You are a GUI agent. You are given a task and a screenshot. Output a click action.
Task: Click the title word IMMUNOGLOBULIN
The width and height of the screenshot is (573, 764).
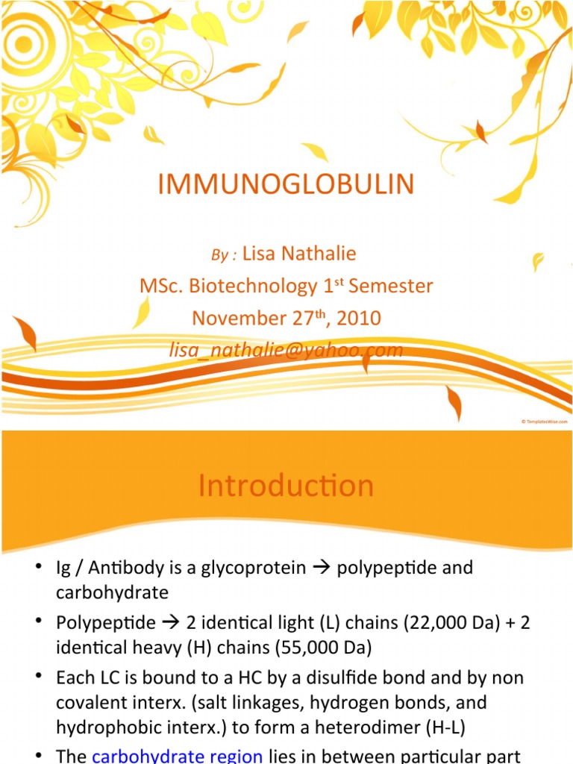pos(286,184)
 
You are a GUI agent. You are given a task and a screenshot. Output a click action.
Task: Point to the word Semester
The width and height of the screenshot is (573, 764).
pos(398,286)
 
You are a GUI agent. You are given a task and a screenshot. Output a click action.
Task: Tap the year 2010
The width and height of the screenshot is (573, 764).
pos(358,319)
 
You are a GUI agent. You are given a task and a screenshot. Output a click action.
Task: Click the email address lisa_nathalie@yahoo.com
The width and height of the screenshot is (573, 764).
pos(286,350)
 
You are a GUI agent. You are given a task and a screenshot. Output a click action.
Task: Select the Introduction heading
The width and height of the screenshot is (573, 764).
pos(286,486)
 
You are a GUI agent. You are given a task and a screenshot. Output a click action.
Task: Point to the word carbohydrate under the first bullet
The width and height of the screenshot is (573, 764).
pos(112,592)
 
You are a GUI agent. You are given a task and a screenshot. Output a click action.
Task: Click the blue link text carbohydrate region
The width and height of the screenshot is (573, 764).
pos(177,757)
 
